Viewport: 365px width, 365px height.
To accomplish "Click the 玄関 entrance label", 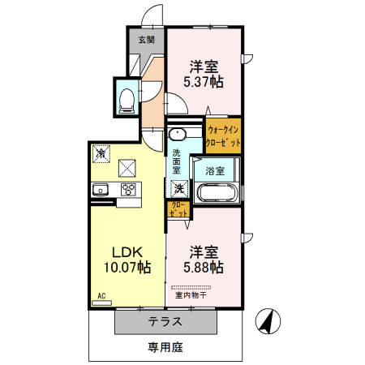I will tap(146, 39).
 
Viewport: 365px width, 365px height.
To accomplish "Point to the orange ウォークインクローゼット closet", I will tap(223, 135).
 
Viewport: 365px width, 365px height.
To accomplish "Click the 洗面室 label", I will tap(177, 161).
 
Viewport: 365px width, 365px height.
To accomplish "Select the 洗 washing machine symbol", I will tap(178, 189).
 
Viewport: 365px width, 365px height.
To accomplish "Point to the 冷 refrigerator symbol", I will tap(101, 152).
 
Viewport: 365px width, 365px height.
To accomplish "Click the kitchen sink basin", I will tap(101, 190).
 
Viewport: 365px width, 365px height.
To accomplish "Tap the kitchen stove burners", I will tap(128, 190).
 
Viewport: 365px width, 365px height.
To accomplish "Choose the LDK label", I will tap(127, 251).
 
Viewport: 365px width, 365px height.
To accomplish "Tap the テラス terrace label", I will tap(165, 321).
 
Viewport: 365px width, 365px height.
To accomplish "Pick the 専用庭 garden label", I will tap(165, 348).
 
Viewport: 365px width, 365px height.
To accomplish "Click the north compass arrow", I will tap(265, 322).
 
